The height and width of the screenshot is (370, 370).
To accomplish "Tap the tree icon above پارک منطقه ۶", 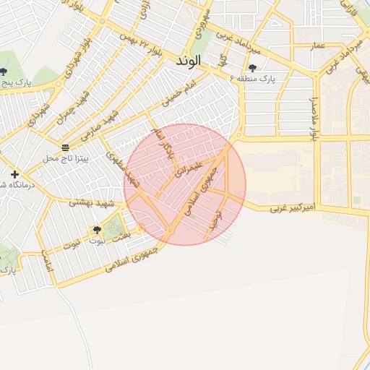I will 252,68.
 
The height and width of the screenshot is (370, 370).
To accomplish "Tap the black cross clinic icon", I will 14,175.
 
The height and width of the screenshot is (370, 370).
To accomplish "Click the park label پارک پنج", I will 16,83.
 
